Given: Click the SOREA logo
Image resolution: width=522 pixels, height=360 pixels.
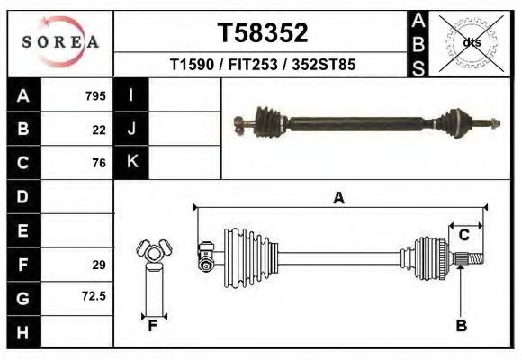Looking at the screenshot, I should [x=60, y=41].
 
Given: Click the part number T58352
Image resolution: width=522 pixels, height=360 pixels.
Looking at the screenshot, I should [x=263, y=33].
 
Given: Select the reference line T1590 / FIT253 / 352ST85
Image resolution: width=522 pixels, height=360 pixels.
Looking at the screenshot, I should [x=263, y=65].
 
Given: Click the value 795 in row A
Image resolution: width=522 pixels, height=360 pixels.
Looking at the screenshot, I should [x=95, y=95].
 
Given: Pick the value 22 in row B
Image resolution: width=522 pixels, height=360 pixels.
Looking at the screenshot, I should [x=99, y=130].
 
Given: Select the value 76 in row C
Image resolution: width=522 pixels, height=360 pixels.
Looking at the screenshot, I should [x=99, y=163].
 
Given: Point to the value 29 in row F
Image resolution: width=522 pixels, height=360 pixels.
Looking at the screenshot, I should [x=99, y=265].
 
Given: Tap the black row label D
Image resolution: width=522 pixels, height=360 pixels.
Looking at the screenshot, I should [x=23, y=196].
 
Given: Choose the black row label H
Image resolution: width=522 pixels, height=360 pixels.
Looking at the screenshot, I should [x=23, y=332].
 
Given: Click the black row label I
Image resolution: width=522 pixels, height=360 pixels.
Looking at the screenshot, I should [x=131, y=95].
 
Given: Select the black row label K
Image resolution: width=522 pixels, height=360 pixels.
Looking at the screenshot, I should [x=131, y=163].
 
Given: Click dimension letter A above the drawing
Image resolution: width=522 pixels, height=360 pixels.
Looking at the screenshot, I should [x=338, y=198].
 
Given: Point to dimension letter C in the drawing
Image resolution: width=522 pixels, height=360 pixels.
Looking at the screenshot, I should [x=464, y=236].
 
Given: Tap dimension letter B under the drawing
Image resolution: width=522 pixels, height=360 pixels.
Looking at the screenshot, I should [x=461, y=326].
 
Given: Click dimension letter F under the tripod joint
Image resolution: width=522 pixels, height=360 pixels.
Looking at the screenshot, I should [x=153, y=326].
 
